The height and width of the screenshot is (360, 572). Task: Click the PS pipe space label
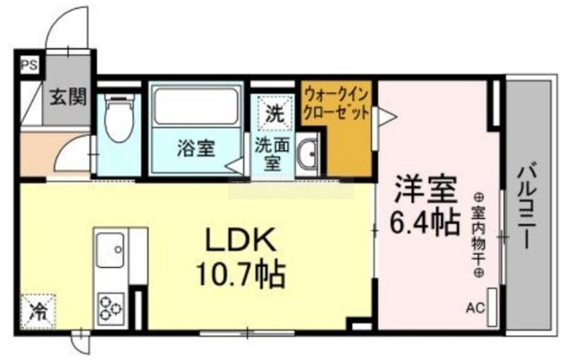click(29, 65)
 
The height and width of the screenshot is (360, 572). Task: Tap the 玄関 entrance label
click(68, 97)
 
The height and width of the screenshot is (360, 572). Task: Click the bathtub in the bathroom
click(196, 105)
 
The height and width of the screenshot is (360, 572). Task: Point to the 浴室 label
click(197, 148)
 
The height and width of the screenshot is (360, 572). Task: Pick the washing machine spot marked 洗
click(274, 113)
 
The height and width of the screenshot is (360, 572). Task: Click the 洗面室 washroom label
click(272, 154)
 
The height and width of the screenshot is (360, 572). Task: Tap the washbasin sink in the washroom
click(307, 155)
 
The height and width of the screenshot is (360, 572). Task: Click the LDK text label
click(240, 239)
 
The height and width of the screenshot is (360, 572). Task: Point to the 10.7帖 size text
click(240, 274)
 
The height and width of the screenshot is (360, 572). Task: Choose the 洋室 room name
click(426, 189)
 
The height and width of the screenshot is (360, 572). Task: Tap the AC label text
click(475, 308)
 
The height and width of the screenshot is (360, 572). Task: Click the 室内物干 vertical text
click(478, 237)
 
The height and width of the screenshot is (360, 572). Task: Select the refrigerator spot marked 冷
click(38, 311)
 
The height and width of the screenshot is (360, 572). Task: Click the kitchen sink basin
click(110, 249)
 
